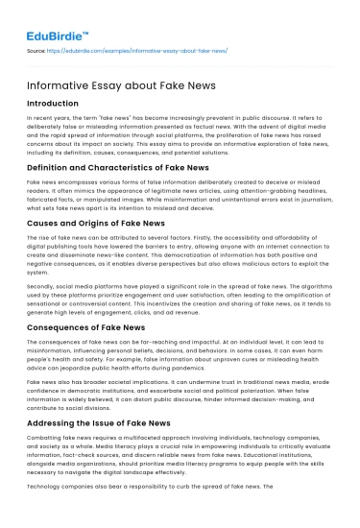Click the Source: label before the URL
[36, 50]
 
